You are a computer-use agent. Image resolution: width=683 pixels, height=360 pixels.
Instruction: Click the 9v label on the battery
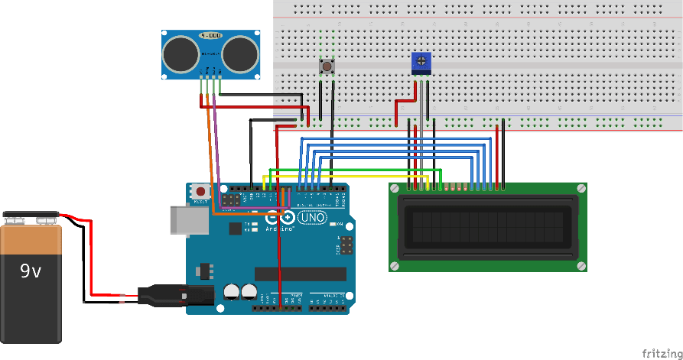[31, 271]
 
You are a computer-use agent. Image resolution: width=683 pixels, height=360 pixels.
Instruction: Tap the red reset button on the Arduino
[200, 191]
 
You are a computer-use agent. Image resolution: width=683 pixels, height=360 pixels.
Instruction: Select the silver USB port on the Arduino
[188, 220]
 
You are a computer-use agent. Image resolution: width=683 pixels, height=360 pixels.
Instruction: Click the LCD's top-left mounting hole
[394, 187]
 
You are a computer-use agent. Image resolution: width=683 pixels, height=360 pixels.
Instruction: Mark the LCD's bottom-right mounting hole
[581, 266]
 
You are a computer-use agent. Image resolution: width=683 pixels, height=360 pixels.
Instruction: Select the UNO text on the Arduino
[312, 218]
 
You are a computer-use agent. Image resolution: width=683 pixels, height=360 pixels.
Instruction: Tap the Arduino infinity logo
[280, 219]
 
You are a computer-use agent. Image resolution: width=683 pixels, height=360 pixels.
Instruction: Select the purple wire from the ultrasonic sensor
[216, 153]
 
